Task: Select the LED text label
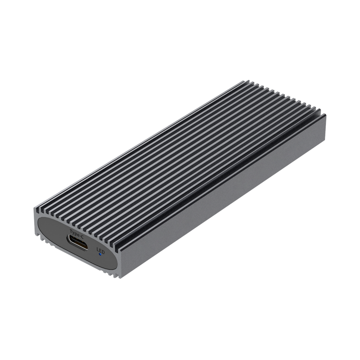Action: pyautogui.click(x=100, y=250)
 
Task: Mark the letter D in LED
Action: pyautogui.click(x=103, y=251)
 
